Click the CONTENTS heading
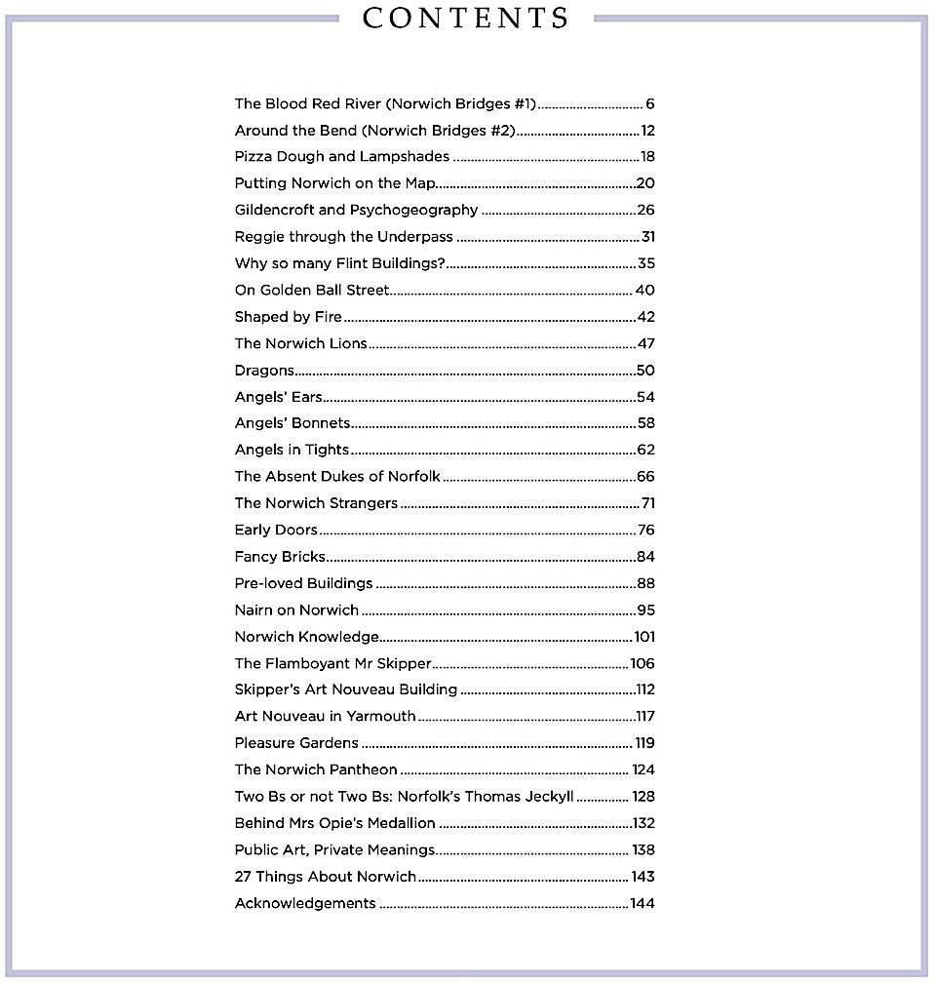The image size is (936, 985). (466, 19)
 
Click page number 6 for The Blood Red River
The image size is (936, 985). (649, 103)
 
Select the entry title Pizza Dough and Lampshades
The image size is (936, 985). (342, 156)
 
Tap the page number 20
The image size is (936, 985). (644, 183)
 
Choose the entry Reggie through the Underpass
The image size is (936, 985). (344, 236)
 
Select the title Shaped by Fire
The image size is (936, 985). (289, 317)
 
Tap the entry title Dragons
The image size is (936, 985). (264, 371)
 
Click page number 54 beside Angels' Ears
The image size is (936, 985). (645, 397)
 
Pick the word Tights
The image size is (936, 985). (327, 450)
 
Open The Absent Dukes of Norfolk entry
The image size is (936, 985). (337, 477)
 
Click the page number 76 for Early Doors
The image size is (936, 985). (645, 531)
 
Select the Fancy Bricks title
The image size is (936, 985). (280, 557)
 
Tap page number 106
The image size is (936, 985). (643, 664)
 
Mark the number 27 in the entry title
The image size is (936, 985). (244, 877)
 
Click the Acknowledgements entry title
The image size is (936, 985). (305, 903)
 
